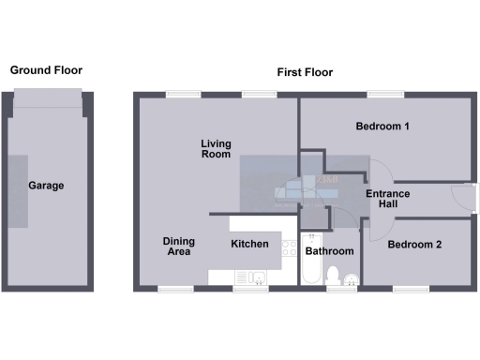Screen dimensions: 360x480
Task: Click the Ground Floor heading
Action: [46, 70]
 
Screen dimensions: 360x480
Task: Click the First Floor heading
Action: [305, 72]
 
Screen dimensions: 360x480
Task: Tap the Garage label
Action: [46, 186]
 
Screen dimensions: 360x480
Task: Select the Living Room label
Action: [216, 149]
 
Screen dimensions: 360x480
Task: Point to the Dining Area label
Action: [178, 247]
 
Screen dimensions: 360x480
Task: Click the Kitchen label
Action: [249, 245]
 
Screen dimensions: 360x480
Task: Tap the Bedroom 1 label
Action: [383, 127]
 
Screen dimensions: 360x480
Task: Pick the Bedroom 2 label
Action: [414, 245]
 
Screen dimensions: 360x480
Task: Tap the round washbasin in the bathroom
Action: [350, 277]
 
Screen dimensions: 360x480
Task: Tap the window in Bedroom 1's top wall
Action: [384, 94]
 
